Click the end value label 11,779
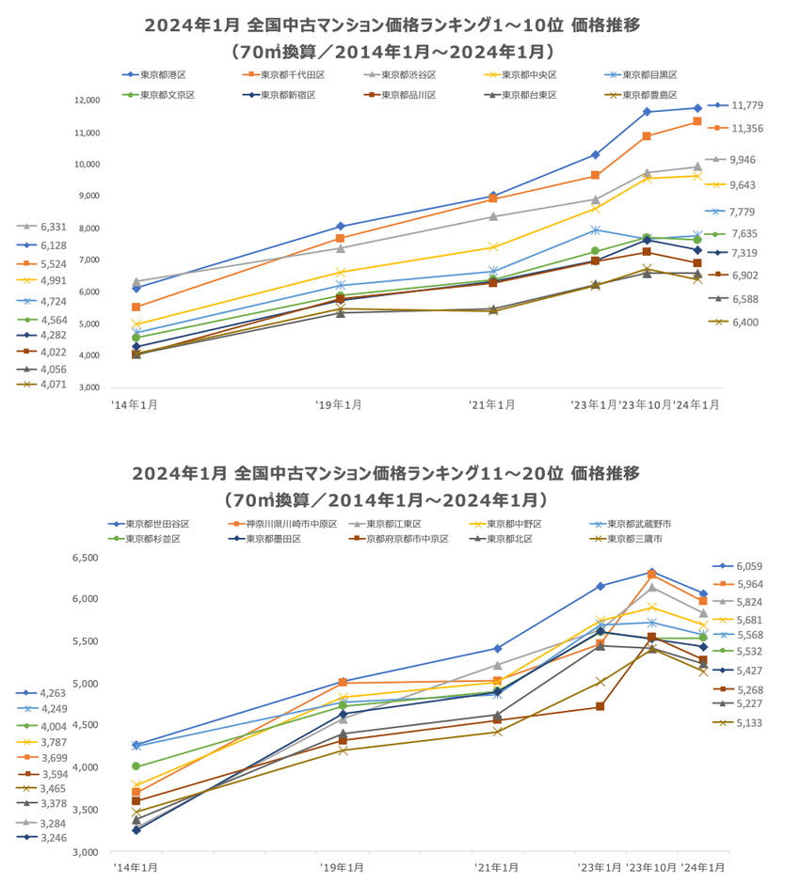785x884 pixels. pyautogui.click(x=748, y=106)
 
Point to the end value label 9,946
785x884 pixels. pyautogui.click(x=748, y=160)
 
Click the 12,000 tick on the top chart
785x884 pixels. pyautogui.click(x=87, y=101)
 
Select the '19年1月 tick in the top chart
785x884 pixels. pyautogui.click(x=339, y=404)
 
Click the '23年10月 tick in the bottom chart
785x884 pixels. pyautogui.click(x=651, y=866)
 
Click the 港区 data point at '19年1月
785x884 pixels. pyautogui.click(x=340, y=227)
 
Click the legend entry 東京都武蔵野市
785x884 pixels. pyautogui.click(x=652, y=524)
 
